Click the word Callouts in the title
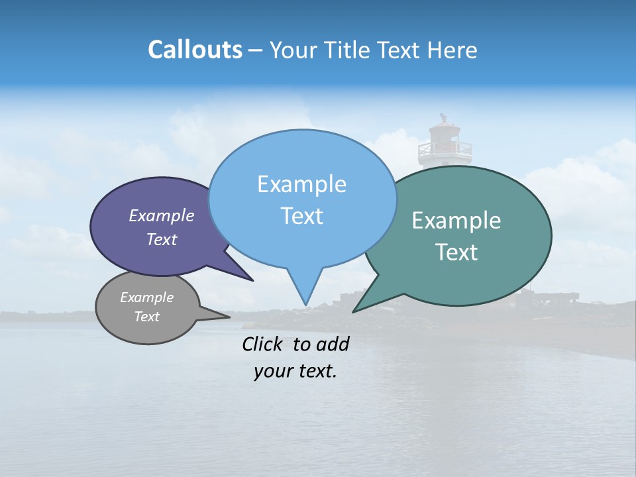click(x=195, y=50)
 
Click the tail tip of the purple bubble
click(x=252, y=280)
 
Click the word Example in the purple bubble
click(x=162, y=215)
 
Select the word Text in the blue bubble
click(x=302, y=216)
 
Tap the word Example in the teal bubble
click(x=456, y=221)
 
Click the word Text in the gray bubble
click(x=147, y=317)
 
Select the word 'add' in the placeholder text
click(x=333, y=344)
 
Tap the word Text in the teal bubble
click(x=456, y=252)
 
